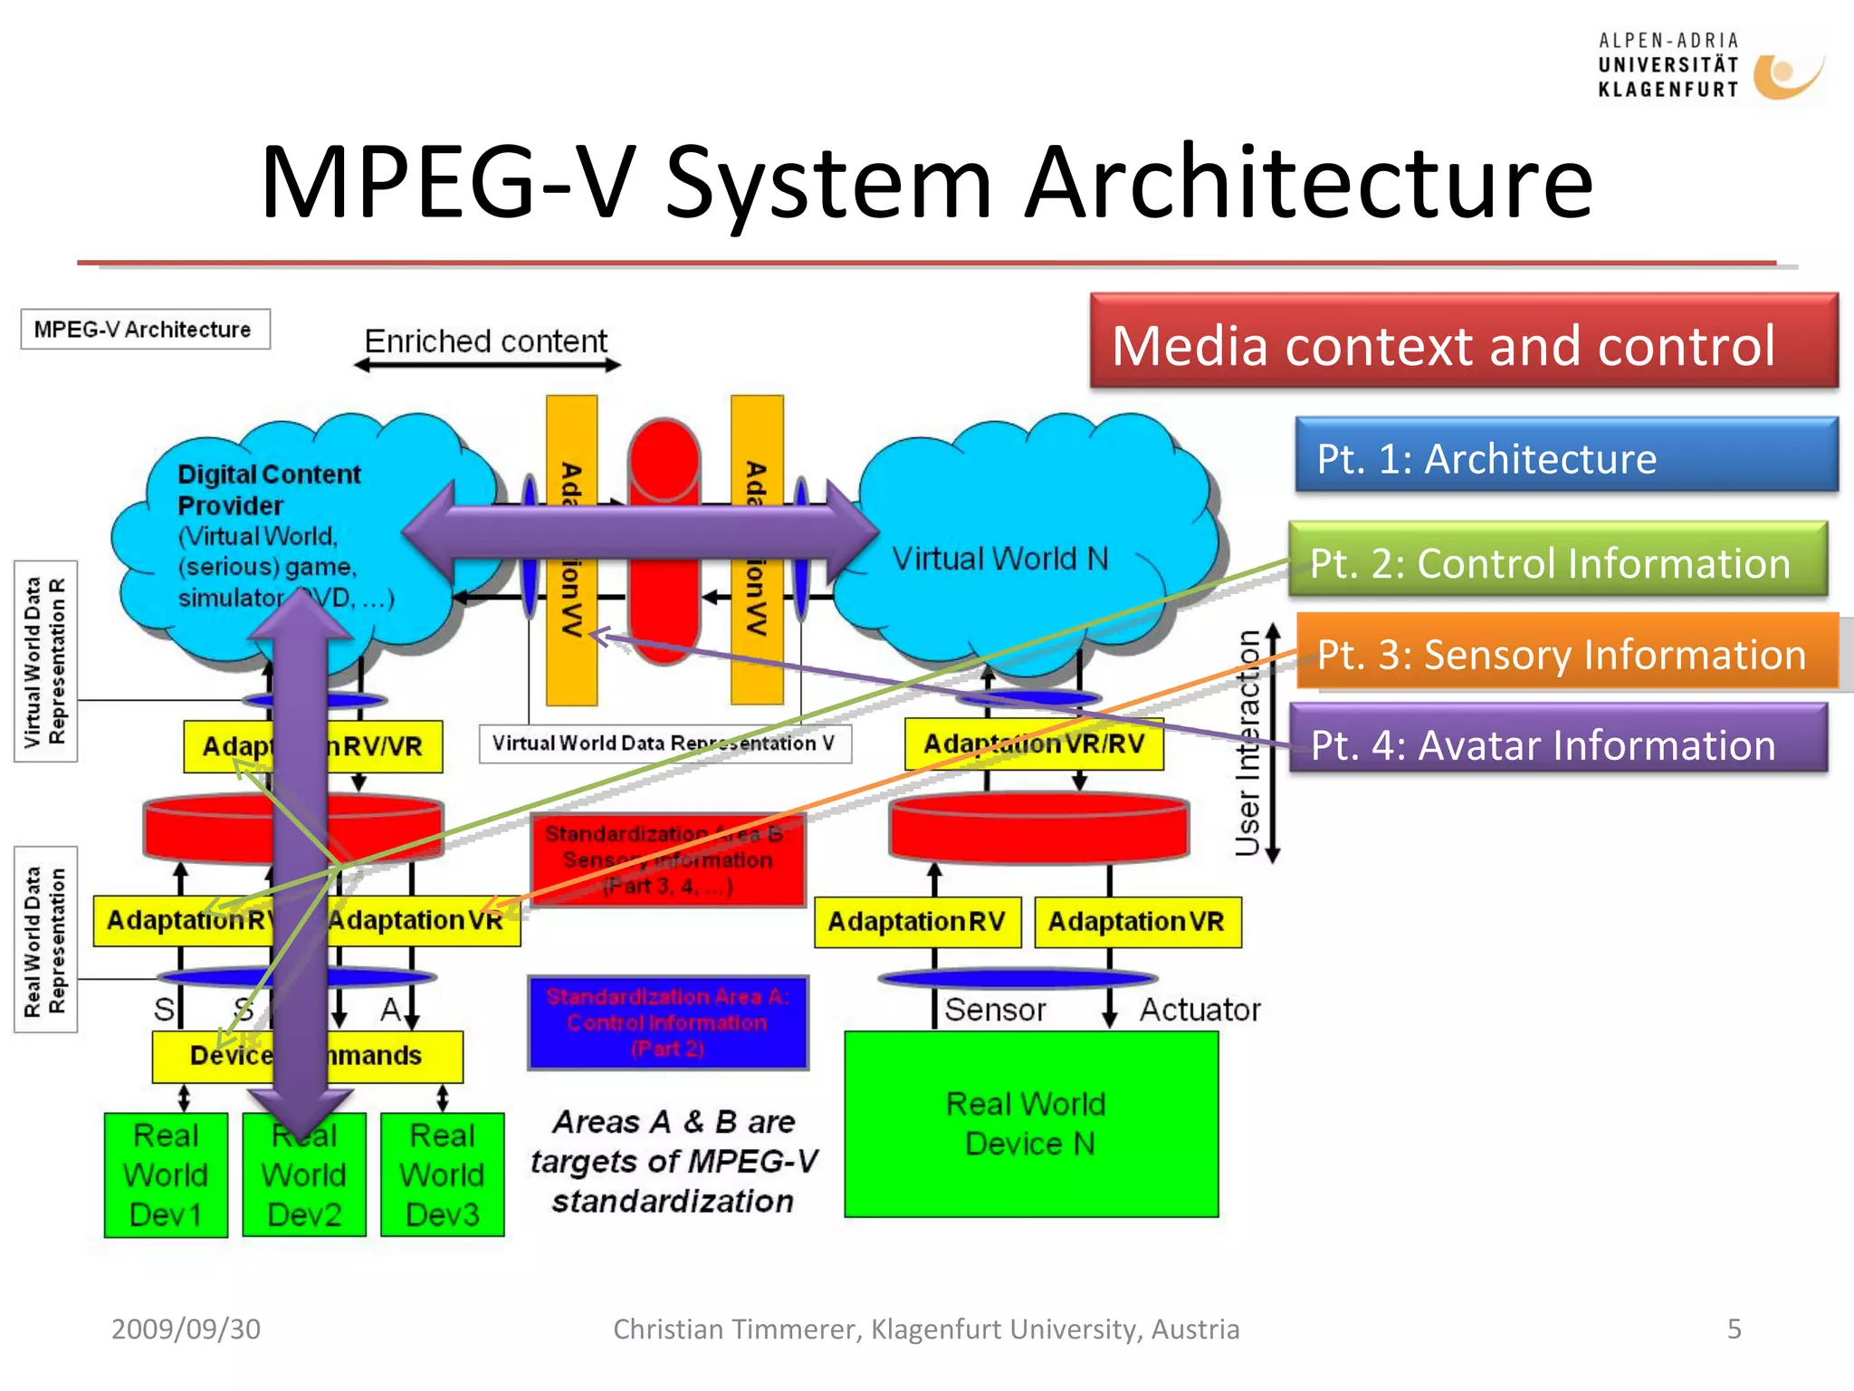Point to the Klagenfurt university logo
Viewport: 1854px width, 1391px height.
coord(1709,65)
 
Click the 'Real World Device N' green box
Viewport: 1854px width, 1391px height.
coord(1030,1123)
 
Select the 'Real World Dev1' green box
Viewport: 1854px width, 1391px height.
coord(166,1175)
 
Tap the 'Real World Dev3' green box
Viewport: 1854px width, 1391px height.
coord(442,1175)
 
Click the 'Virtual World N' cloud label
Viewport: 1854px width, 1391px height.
coord(1000,559)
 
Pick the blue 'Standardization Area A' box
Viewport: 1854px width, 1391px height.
coord(668,1022)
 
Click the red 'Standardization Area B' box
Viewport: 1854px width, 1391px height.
coord(668,859)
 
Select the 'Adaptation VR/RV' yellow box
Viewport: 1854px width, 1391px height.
coord(1033,743)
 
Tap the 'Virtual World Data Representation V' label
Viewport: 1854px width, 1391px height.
coord(664,743)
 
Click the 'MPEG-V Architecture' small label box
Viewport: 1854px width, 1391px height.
coord(144,330)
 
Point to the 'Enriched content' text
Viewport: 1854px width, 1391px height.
coord(486,341)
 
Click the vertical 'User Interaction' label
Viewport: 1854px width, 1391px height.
coord(1248,743)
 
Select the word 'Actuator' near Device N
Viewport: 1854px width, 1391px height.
coord(1199,1009)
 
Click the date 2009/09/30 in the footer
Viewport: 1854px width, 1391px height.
coord(186,1329)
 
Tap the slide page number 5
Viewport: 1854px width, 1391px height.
coord(1734,1329)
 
